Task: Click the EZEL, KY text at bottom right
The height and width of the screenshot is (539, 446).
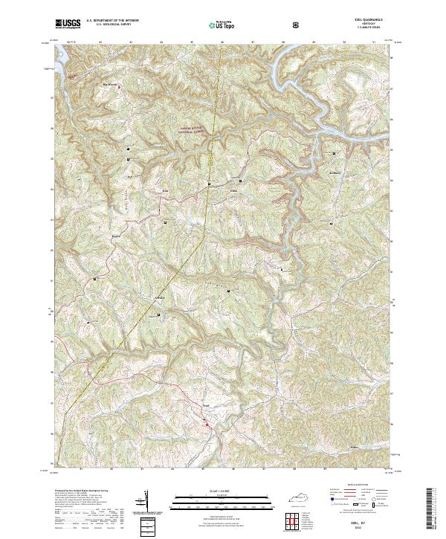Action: pyautogui.click(x=373, y=524)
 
